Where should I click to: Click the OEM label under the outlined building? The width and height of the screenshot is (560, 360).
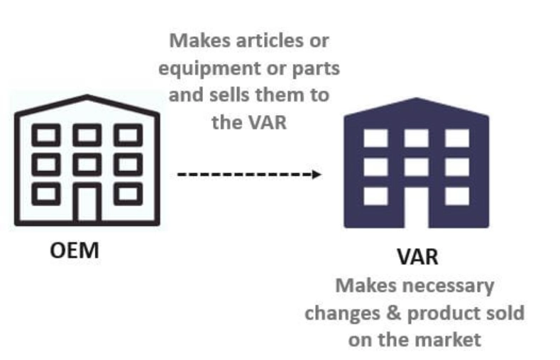[75, 250]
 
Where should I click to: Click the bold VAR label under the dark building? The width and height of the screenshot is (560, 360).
[417, 256]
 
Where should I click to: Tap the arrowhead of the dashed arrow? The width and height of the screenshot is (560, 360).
[317, 174]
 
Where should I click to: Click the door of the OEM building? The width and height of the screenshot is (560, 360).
[87, 203]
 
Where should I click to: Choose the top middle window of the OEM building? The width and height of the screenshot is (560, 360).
[87, 136]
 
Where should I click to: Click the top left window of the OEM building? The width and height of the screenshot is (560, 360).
[46, 136]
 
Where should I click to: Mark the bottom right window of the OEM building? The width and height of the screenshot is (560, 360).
[128, 194]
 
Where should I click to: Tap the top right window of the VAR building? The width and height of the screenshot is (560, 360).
[457, 138]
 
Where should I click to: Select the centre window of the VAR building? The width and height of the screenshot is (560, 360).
[417, 167]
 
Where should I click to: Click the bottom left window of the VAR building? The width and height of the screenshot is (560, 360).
[375, 196]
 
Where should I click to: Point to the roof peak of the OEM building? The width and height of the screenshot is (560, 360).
[87, 96]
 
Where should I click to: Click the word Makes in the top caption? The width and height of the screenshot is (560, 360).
[199, 40]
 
